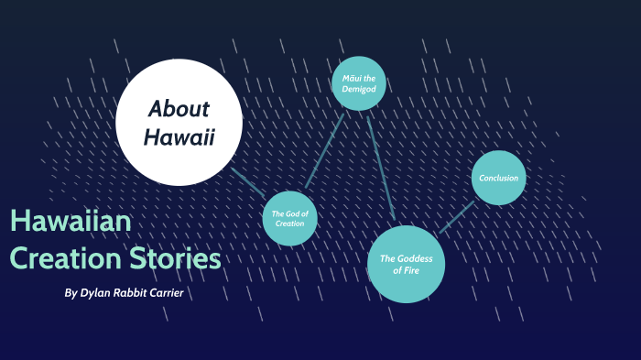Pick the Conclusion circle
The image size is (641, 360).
tap(498, 178)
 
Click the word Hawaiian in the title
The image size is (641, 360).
tap(71, 222)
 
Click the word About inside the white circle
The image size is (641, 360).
tap(179, 109)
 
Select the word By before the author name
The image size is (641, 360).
tap(71, 293)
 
